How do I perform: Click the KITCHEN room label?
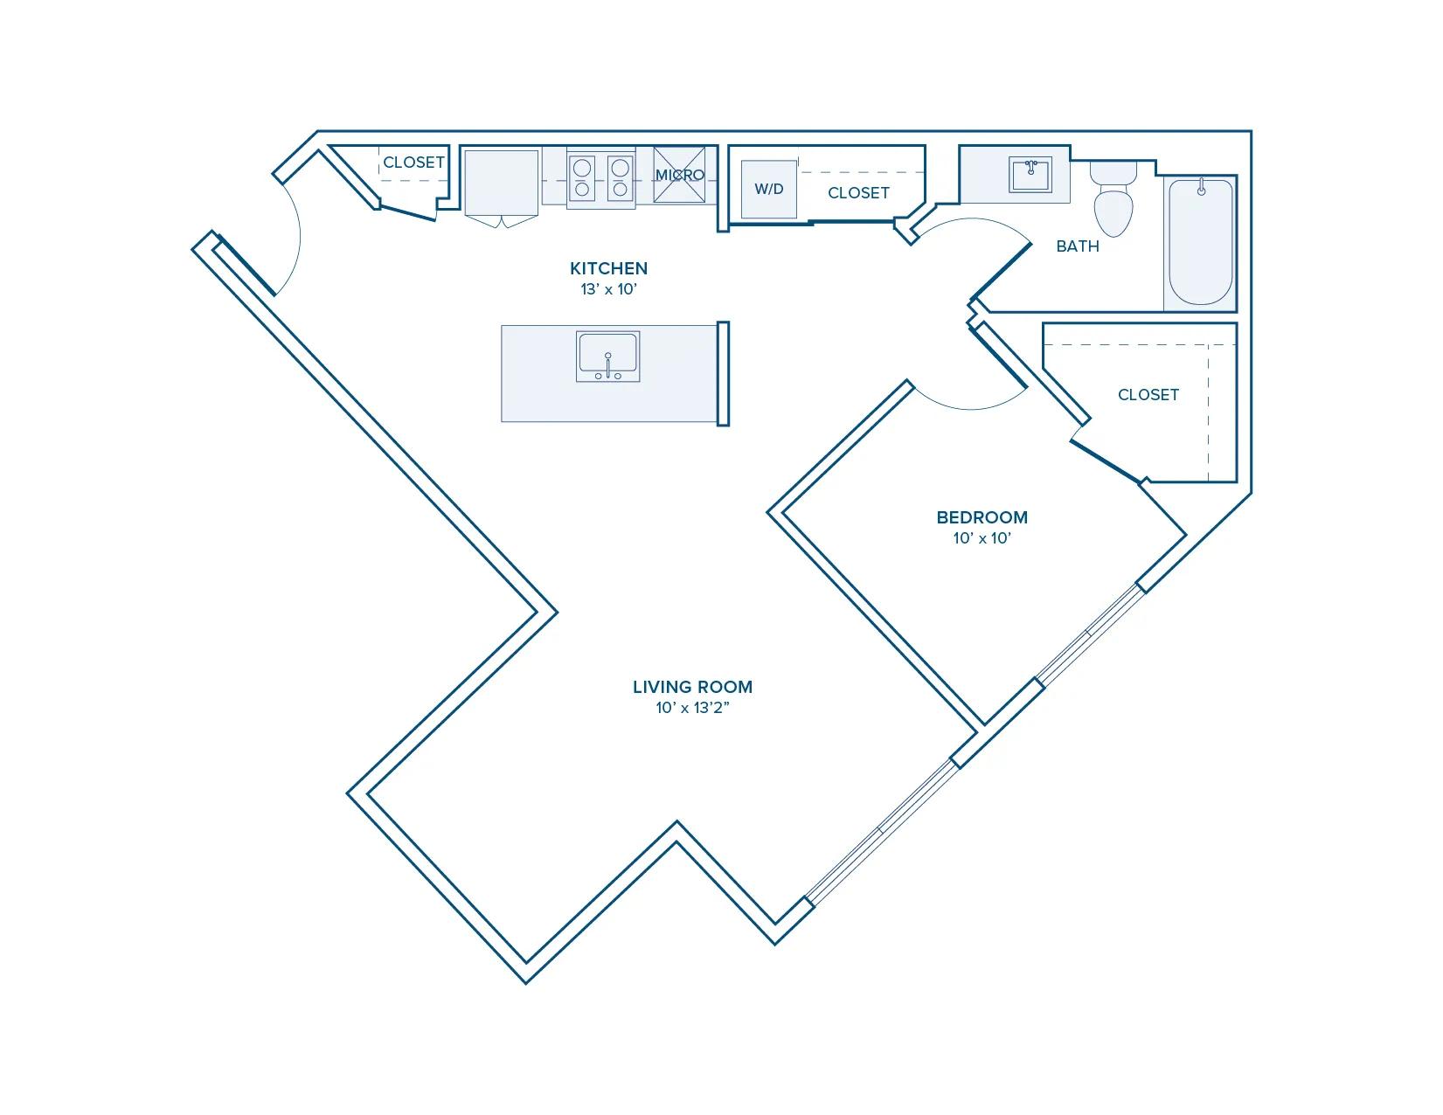pyautogui.click(x=608, y=268)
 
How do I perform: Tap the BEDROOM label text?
pyautogui.click(x=982, y=517)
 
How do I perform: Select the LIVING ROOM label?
pyautogui.click(x=692, y=687)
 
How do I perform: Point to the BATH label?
pyautogui.click(x=1077, y=246)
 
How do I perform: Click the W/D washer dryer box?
pyautogui.click(x=769, y=189)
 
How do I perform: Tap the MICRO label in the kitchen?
pyautogui.click(x=679, y=175)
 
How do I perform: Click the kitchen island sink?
pyautogui.click(x=607, y=357)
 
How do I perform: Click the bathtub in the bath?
pyautogui.click(x=1201, y=243)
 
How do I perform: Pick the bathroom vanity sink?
pyautogui.click(x=1030, y=175)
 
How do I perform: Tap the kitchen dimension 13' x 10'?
pyautogui.click(x=608, y=289)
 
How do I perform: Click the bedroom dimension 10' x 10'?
pyautogui.click(x=982, y=538)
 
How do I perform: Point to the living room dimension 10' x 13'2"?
pyautogui.click(x=692, y=708)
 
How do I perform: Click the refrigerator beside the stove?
pyautogui.click(x=502, y=184)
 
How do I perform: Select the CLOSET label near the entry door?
pyautogui.click(x=413, y=163)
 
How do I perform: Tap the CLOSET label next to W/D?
pyautogui.click(x=858, y=193)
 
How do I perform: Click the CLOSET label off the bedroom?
pyautogui.click(x=1148, y=395)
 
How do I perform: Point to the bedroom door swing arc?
pyautogui.click(x=971, y=408)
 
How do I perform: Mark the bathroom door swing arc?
pyautogui.click(x=973, y=218)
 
